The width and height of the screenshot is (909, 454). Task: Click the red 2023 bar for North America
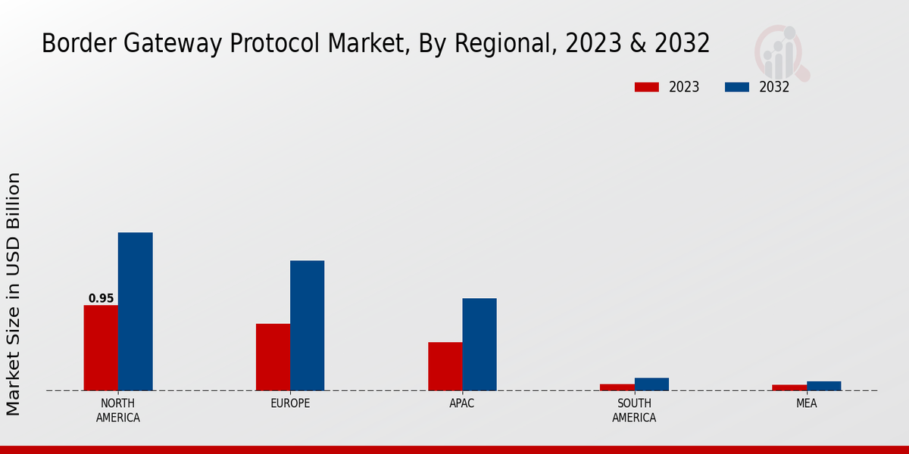(101, 348)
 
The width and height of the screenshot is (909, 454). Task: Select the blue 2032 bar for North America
(135, 312)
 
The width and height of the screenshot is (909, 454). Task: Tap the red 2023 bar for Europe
(273, 357)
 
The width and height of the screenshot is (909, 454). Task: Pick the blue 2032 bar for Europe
(307, 325)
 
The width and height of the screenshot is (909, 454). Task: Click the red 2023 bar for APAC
(445, 366)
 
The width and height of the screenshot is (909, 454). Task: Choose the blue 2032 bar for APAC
(479, 344)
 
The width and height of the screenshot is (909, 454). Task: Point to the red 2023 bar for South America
(617, 387)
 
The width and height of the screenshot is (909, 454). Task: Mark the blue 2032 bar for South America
(651, 384)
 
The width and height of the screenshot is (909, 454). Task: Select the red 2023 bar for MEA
(789, 387)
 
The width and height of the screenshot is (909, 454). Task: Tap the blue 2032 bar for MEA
(823, 386)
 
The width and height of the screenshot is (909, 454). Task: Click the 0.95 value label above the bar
(101, 299)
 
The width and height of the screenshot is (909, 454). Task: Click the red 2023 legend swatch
(646, 87)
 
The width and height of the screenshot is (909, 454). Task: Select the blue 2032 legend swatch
(736, 87)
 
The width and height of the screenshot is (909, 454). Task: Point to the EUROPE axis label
(290, 403)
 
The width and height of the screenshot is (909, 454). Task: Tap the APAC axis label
(462, 403)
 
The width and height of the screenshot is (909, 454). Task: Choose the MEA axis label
(806, 403)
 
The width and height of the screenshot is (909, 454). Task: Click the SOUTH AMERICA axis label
(634, 410)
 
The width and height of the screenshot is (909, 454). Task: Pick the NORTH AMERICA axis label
(118, 410)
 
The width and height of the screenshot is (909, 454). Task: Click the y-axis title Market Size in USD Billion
(14, 294)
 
